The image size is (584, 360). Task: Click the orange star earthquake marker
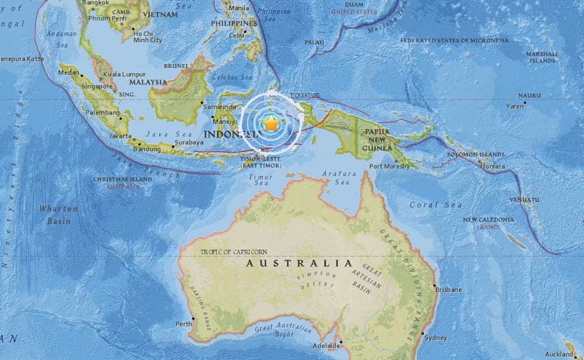(271, 124)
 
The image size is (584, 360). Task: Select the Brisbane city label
(449, 290)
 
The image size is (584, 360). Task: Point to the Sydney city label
(436, 338)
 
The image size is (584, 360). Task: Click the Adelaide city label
(326, 345)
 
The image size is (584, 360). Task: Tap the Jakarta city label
(120, 136)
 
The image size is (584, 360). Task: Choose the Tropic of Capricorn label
(233, 252)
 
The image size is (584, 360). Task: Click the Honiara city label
(493, 166)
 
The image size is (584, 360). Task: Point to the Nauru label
(529, 96)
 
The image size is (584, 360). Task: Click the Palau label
(314, 42)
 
